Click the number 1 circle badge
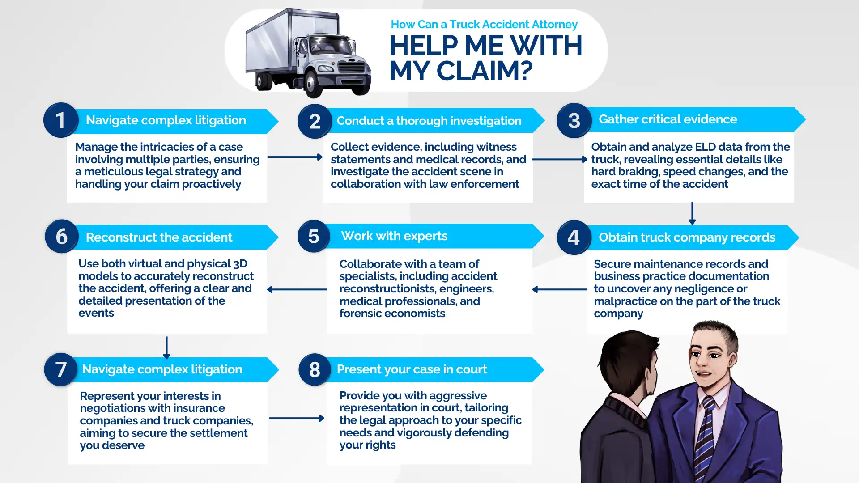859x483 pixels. pyautogui.click(x=61, y=120)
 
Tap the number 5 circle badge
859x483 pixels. pyautogui.click(x=314, y=236)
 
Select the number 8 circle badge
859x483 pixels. pyautogui.click(x=315, y=369)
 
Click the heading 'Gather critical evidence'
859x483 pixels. pyautogui.click(x=668, y=119)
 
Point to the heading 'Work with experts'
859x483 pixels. pyautogui.click(x=394, y=236)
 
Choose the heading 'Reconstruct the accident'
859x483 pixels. pyautogui.click(x=159, y=237)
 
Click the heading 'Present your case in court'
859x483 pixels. pyautogui.click(x=412, y=369)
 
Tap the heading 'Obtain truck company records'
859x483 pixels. pyautogui.click(x=687, y=237)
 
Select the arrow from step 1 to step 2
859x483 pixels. pyautogui.click(x=295, y=157)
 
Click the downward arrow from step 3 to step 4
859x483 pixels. pyautogui.click(x=692, y=213)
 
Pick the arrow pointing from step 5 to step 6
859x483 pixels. pyautogui.click(x=297, y=289)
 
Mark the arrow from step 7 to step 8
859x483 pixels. pyautogui.click(x=297, y=418)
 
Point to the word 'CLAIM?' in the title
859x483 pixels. pyautogui.click(x=484, y=71)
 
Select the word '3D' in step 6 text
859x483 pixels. pyautogui.click(x=240, y=264)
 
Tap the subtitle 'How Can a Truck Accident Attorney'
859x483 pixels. pyautogui.click(x=484, y=24)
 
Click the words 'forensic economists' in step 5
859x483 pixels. pyautogui.click(x=392, y=314)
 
